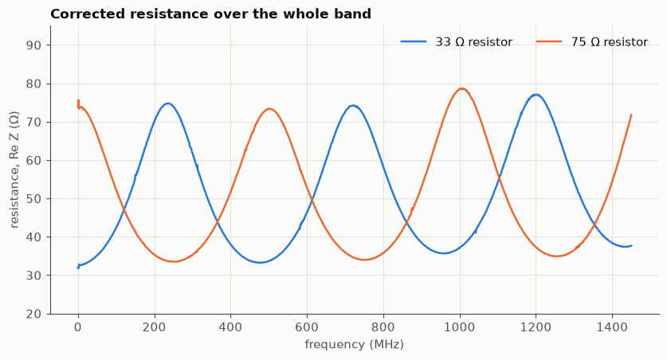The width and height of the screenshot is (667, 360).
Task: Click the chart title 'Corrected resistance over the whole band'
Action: pos(210,14)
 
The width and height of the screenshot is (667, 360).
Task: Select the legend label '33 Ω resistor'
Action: pos(473,42)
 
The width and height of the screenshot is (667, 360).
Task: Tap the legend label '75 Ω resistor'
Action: pos(609,42)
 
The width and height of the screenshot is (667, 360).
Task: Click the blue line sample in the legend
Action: pos(414,41)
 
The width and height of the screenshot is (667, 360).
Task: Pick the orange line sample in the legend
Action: pos(549,41)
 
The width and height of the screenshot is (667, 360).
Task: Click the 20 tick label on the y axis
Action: pos(33,314)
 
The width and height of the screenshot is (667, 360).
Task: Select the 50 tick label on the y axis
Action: pos(33,199)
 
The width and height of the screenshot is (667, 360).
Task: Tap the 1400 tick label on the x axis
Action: pos(612,327)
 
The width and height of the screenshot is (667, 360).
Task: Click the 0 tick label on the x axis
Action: pos(78,327)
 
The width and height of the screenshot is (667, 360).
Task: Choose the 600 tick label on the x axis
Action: pos(307,327)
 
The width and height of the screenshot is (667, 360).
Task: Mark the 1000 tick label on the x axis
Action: pos(460,327)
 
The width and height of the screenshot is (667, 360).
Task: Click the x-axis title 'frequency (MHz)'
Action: pos(354,344)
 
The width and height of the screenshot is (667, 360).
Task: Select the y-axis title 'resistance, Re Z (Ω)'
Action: pos(14,170)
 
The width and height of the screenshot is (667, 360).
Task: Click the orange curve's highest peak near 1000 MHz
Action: pos(461,88)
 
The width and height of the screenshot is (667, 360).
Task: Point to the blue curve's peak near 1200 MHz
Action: pos(536,94)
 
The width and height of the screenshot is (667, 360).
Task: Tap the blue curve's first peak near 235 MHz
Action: pos(168,104)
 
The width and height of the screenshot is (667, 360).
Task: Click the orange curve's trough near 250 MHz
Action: pos(173,261)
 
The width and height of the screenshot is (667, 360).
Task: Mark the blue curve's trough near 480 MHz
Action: pos(260,262)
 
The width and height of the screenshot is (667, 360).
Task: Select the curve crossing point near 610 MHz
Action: pos(312,199)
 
